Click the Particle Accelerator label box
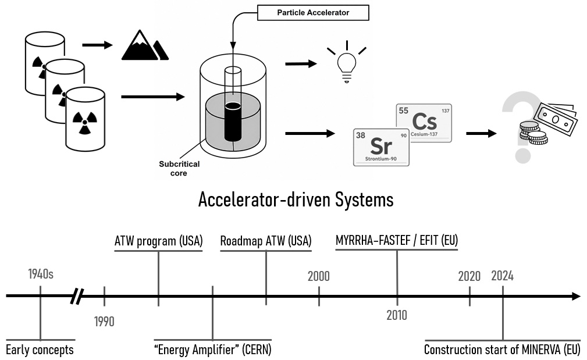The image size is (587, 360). point(313,13)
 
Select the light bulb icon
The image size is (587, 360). point(347,62)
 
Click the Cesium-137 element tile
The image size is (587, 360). point(424,123)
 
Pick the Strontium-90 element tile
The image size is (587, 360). point(381,147)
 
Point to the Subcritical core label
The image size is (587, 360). point(179,169)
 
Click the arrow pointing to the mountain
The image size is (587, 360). point(97,45)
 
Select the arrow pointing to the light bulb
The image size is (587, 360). point(301,64)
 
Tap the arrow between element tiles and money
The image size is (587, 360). point(482,133)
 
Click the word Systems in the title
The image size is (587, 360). point(364,199)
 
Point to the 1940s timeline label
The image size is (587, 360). point(41,274)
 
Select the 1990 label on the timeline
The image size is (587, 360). point(104,322)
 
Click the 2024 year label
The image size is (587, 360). point(503,276)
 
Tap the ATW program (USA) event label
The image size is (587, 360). point(158,241)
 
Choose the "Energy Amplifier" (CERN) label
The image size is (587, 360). point(213,350)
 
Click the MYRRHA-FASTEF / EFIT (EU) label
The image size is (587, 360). point(397,240)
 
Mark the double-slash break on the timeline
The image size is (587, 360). point(77,296)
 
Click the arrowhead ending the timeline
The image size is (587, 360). point(577,297)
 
